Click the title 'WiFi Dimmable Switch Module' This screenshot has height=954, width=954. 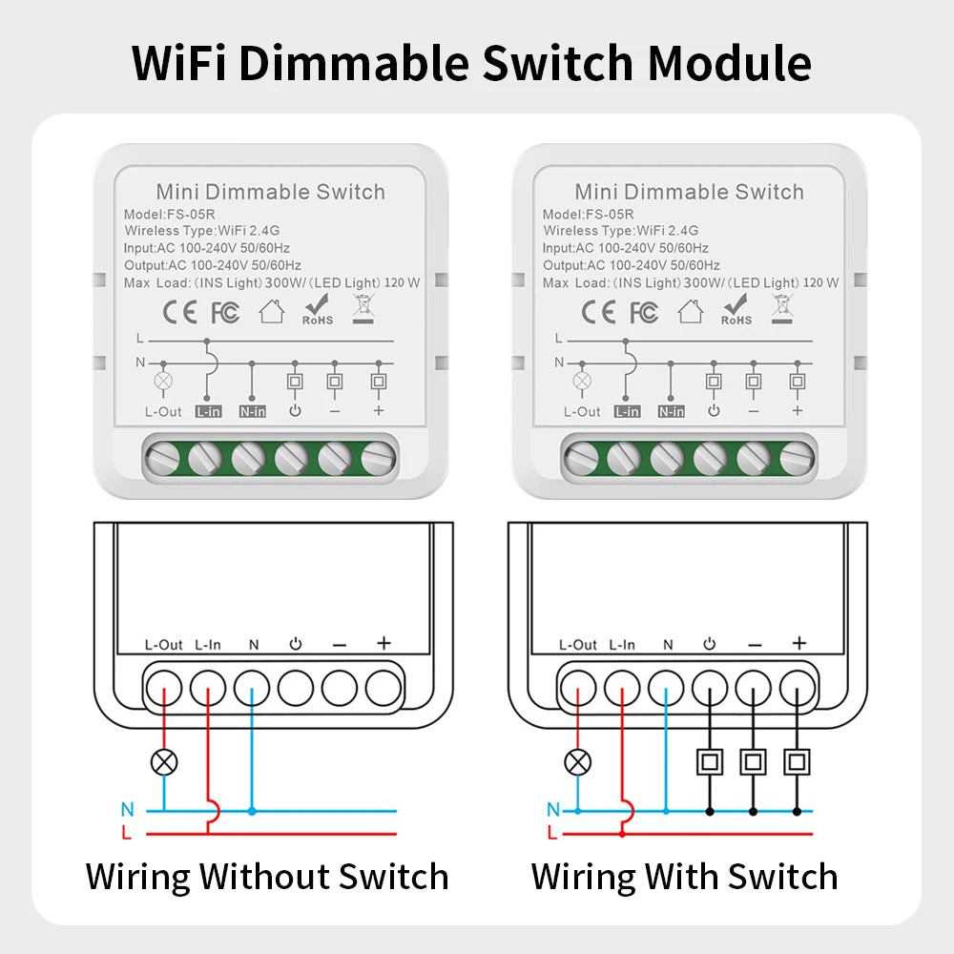(x=471, y=62)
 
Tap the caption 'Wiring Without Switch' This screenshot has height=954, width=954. (x=267, y=876)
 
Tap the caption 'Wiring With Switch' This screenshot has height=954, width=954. (x=684, y=876)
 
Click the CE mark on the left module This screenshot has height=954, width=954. (x=180, y=312)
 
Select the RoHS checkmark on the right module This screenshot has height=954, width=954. (x=736, y=308)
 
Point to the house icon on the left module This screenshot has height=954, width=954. (x=272, y=312)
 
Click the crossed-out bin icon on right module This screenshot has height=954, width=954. (x=782, y=308)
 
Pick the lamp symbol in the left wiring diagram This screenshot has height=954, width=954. (x=165, y=761)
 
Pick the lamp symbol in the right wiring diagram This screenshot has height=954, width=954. (x=578, y=761)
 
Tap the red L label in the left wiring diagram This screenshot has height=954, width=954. (x=127, y=833)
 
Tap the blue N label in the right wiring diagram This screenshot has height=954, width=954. (x=553, y=810)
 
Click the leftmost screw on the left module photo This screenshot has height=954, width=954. (x=161, y=460)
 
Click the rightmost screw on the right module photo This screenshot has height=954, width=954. (x=798, y=459)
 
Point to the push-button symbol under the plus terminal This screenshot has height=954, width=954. (x=798, y=761)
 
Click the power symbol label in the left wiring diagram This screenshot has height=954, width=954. (x=296, y=644)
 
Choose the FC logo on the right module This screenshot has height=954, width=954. (x=644, y=313)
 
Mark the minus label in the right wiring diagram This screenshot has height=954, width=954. (x=755, y=645)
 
